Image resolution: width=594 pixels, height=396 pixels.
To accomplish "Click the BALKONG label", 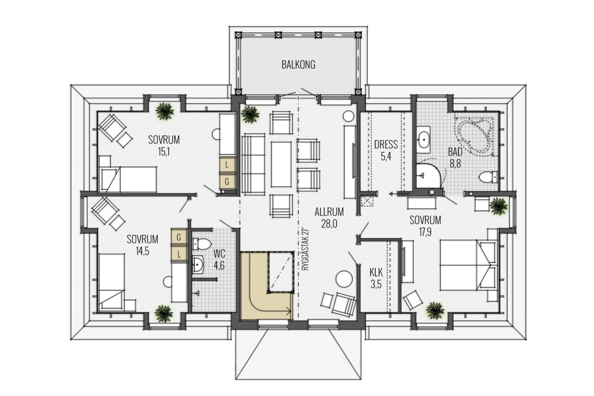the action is [298, 65].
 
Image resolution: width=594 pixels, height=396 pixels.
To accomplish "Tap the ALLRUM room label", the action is [329, 212].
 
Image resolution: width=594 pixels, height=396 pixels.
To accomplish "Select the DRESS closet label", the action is [386, 144].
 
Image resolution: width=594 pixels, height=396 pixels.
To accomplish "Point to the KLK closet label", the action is [376, 272].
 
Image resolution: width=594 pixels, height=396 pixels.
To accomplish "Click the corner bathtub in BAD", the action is [475, 135].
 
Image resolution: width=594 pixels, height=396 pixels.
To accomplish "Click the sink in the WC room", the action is [198, 264].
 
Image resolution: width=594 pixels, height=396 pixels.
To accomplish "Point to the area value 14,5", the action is [143, 252].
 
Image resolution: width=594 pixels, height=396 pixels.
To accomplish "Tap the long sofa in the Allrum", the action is [253, 164].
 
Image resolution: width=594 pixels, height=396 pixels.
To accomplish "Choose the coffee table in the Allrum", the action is [281, 164].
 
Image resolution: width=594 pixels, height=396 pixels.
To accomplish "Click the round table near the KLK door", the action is [345, 280].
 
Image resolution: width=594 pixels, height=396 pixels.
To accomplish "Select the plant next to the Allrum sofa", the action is [250, 113].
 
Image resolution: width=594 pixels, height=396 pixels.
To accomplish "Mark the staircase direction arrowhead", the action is [289, 312].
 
